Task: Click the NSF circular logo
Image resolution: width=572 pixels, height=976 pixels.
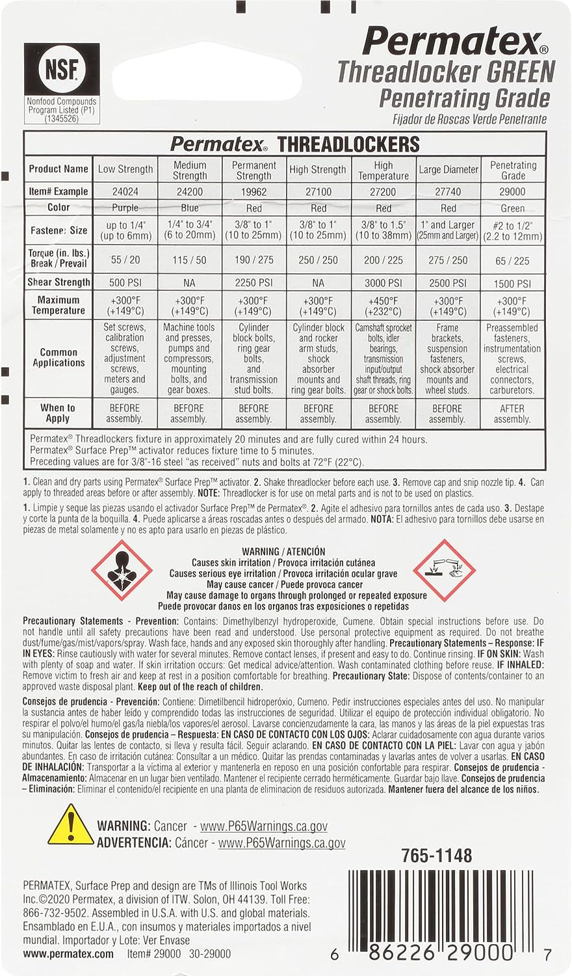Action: [x=62, y=70]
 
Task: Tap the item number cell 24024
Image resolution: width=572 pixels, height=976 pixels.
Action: [x=125, y=192]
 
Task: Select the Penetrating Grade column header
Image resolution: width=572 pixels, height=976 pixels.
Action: [x=513, y=170]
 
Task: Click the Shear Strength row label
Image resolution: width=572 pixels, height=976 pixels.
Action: [x=58, y=282]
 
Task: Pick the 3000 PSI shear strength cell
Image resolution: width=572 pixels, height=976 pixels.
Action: [x=383, y=283]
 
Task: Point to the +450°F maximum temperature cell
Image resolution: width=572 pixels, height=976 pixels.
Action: [x=383, y=306]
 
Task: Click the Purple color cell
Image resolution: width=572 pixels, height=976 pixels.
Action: [x=125, y=208]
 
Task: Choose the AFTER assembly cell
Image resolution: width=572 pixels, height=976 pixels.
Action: [x=512, y=414]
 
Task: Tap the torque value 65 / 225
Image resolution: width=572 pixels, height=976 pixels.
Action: [x=512, y=261]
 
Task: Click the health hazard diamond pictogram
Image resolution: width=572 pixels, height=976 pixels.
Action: [x=122, y=570]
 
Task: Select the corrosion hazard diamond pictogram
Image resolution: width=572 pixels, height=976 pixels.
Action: [x=445, y=570]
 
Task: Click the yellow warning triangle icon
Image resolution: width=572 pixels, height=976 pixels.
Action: [x=70, y=826]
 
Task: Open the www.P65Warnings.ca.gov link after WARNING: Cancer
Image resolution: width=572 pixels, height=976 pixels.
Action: [x=263, y=826]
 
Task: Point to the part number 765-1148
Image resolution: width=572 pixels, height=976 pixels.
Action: [x=437, y=856]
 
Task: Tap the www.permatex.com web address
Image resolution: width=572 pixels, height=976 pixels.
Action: [x=68, y=955]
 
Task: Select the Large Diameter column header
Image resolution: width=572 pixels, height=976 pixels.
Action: [x=448, y=170]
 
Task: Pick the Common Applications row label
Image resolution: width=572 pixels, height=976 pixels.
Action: [x=58, y=357]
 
